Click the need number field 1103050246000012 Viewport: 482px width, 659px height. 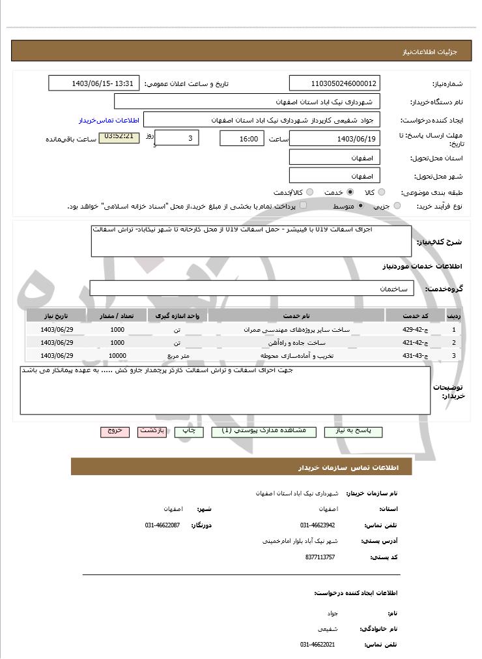334,83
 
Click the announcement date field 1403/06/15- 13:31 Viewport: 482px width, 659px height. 94,83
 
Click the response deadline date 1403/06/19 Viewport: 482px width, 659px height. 334,138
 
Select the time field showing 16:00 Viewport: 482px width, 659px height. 242,138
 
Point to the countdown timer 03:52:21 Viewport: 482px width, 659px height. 119,138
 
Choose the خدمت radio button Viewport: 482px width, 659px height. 350,192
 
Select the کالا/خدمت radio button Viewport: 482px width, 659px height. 309,192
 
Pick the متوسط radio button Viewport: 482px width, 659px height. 360,206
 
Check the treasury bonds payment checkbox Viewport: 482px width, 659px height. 303,205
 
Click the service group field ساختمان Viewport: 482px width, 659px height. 251,288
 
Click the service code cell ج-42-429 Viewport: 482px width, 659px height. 414,330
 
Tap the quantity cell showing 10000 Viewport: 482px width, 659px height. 117,356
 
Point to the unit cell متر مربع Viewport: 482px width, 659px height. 177,356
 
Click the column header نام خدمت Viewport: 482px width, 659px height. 296,316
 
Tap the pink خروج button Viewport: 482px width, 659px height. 115,432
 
